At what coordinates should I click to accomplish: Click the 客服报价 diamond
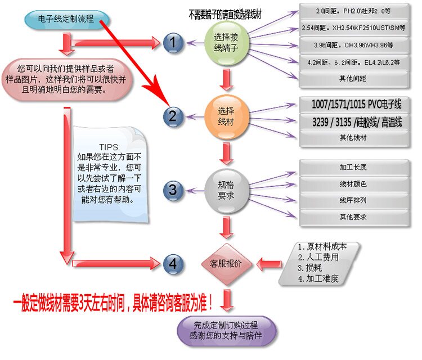coord(226,263)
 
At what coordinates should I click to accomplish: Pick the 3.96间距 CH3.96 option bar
coord(353,45)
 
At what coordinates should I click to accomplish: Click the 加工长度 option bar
coord(353,168)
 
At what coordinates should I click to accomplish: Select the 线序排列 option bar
coord(353,200)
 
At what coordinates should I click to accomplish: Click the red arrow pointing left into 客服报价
coord(270,263)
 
